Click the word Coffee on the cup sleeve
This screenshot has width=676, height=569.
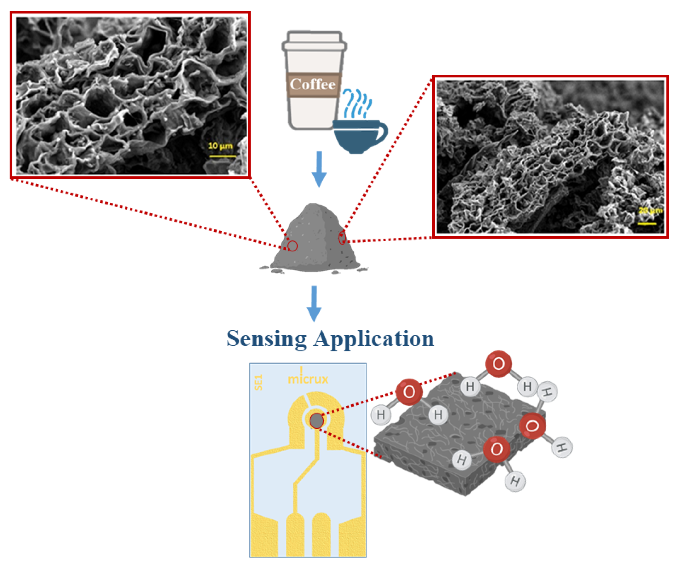312,85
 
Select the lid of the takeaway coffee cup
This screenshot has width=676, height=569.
314,41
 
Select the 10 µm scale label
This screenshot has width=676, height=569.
220,146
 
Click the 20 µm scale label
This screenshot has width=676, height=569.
650,211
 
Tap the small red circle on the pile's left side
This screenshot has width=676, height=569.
292,246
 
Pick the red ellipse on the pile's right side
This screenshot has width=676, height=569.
342,238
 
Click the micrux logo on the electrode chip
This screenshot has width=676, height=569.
308,378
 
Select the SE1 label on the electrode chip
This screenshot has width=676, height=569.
258,383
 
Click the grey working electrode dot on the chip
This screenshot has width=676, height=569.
316,421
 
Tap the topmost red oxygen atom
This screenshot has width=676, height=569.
498,364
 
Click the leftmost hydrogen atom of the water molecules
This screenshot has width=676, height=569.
381,414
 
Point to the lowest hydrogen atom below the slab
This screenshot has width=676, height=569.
515,481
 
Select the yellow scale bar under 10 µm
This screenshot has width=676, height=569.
222,156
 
